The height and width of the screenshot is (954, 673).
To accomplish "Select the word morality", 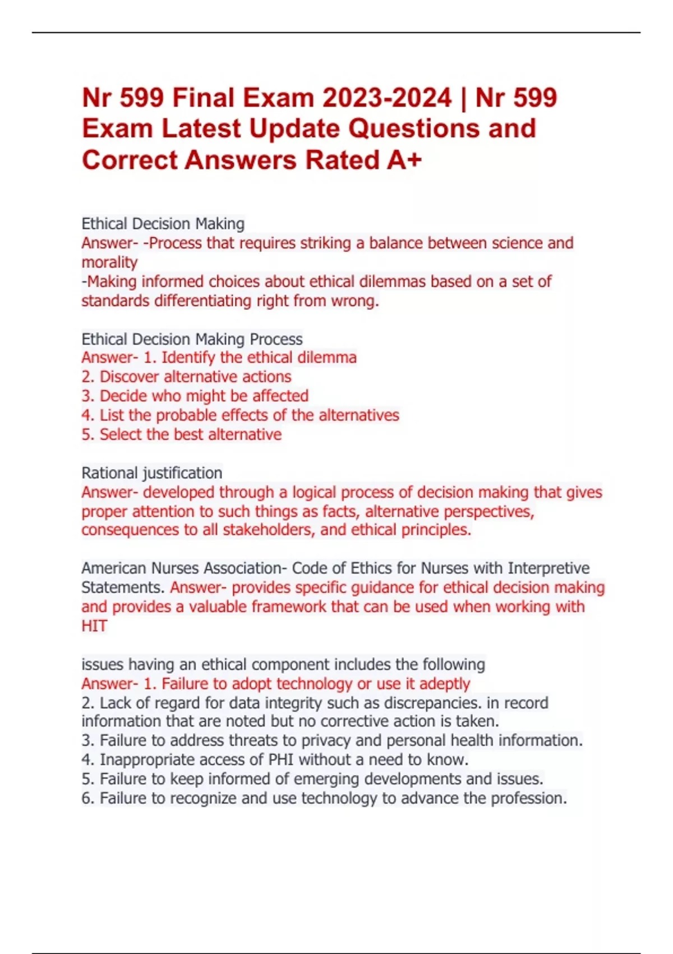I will coord(109,262).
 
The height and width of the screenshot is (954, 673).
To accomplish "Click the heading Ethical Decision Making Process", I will coord(192,339).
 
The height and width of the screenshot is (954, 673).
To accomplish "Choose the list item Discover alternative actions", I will coord(195,377).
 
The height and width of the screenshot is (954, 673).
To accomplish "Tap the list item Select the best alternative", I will coord(190,434).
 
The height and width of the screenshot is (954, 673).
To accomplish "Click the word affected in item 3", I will coord(280,396).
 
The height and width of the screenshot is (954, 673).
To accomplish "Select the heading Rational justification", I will coord(152,473).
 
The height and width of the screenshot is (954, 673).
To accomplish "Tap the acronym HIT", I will coord(94,626).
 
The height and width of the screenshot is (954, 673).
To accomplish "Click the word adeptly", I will coord(444,684).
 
